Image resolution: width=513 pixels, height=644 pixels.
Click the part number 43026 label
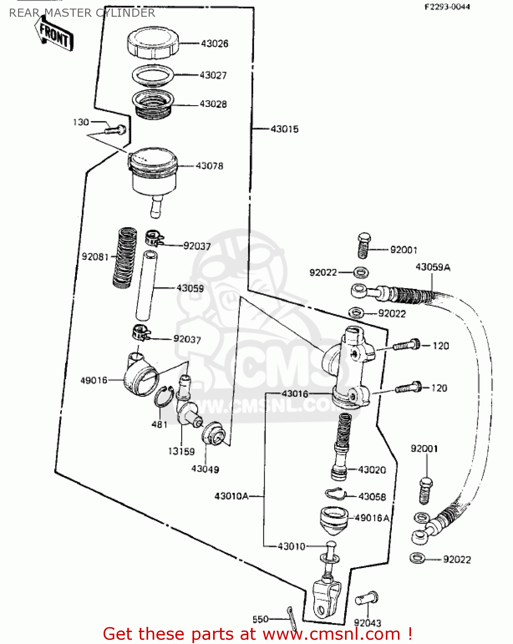(214, 43)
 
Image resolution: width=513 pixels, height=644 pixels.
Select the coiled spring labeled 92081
(125, 258)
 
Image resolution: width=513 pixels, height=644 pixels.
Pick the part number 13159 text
(181, 451)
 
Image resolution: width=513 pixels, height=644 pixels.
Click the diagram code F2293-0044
(447, 7)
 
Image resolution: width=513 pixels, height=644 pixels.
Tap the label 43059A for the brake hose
(433, 267)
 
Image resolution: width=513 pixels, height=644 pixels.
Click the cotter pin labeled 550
(292, 618)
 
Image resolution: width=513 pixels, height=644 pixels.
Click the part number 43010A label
(231, 496)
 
